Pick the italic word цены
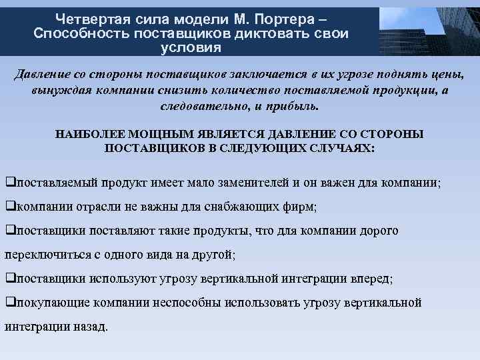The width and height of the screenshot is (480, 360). [447, 74]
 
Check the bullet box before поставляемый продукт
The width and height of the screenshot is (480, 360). [10, 182]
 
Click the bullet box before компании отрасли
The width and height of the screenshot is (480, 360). [10, 207]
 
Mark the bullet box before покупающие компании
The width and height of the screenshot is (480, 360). [10, 303]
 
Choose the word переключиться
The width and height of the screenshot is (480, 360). [48, 255]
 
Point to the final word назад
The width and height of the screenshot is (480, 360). [89, 327]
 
